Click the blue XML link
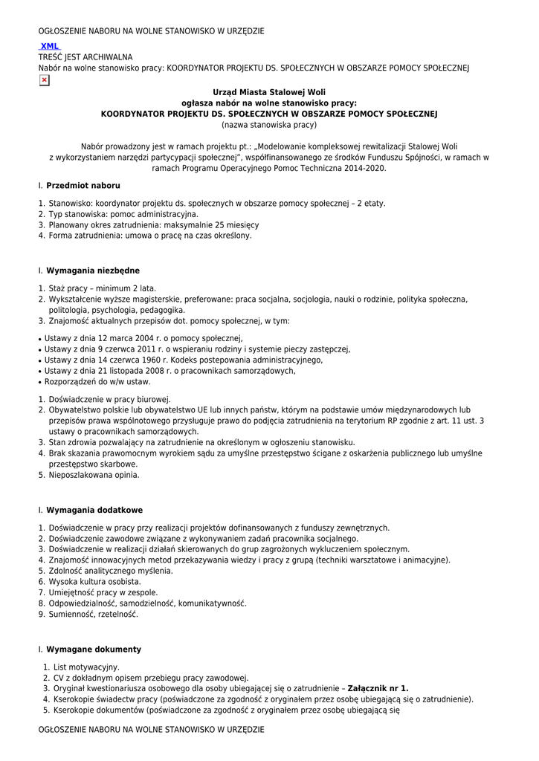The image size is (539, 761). (50, 46)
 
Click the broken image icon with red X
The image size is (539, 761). (44, 80)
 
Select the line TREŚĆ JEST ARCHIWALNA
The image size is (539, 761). (85, 56)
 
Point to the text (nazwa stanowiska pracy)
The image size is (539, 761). (269, 125)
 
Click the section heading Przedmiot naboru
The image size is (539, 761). (83, 185)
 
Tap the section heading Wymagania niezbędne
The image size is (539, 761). (93, 271)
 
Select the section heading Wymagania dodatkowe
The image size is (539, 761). (94, 510)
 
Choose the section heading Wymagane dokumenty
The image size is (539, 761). (94, 649)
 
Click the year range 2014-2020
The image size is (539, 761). (362, 168)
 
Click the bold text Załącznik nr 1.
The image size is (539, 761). (378, 688)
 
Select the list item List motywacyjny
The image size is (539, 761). (86, 667)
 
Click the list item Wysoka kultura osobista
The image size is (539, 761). (94, 581)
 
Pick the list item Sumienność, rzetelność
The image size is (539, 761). (93, 614)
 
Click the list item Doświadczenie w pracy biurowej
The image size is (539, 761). (109, 398)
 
